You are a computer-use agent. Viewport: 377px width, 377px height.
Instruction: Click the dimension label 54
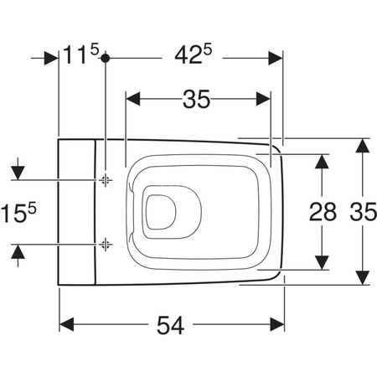click(170, 325)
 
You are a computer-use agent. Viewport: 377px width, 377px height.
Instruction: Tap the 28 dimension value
click(323, 212)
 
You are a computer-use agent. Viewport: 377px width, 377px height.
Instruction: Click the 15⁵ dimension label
click(18, 213)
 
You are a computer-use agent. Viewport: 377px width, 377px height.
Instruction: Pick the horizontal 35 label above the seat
click(196, 99)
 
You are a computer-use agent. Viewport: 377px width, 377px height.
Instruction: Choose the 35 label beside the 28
click(363, 212)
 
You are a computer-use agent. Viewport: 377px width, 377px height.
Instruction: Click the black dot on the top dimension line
click(105, 58)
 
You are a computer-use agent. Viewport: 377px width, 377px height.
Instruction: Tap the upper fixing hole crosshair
click(106, 180)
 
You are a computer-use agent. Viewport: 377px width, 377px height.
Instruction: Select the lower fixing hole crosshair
click(106, 245)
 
